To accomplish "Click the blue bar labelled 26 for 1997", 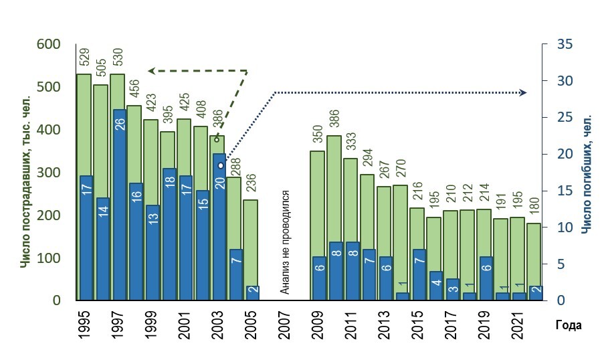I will pyautogui.click(x=118, y=204).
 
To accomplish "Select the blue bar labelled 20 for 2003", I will pyautogui.click(x=219, y=228).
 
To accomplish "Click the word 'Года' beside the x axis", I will pyautogui.click(x=569, y=326).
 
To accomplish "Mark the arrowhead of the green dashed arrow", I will pyautogui.click(x=152, y=70).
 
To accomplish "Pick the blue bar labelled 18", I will pyautogui.click(x=169, y=234).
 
